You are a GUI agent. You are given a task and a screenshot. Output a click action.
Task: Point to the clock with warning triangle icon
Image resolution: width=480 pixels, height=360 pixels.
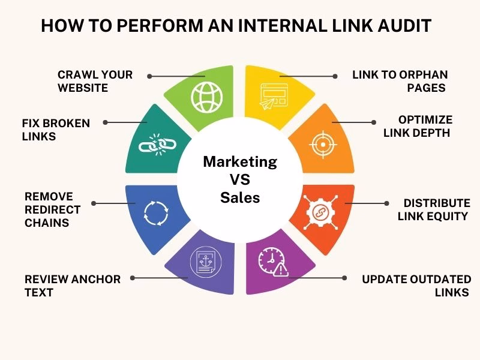[272, 262]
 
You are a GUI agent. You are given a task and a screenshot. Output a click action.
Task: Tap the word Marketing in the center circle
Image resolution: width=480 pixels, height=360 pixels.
[240, 161]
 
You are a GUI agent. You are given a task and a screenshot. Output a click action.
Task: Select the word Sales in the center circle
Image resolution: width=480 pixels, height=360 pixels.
[240, 197]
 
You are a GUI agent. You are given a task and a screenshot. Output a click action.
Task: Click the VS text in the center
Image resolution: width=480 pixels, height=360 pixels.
[240, 179]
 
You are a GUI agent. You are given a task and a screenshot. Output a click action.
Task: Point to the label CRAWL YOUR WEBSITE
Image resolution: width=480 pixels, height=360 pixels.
[95, 81]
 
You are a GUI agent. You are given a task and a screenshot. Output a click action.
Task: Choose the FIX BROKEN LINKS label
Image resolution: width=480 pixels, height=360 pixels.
[55, 130]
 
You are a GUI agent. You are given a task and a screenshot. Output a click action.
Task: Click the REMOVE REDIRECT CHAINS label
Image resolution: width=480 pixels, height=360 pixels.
[52, 209]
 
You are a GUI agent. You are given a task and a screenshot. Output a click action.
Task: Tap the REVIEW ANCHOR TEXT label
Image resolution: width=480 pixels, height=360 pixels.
[72, 286]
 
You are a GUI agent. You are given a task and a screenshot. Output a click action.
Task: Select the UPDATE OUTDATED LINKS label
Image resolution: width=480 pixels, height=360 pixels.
[416, 286]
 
